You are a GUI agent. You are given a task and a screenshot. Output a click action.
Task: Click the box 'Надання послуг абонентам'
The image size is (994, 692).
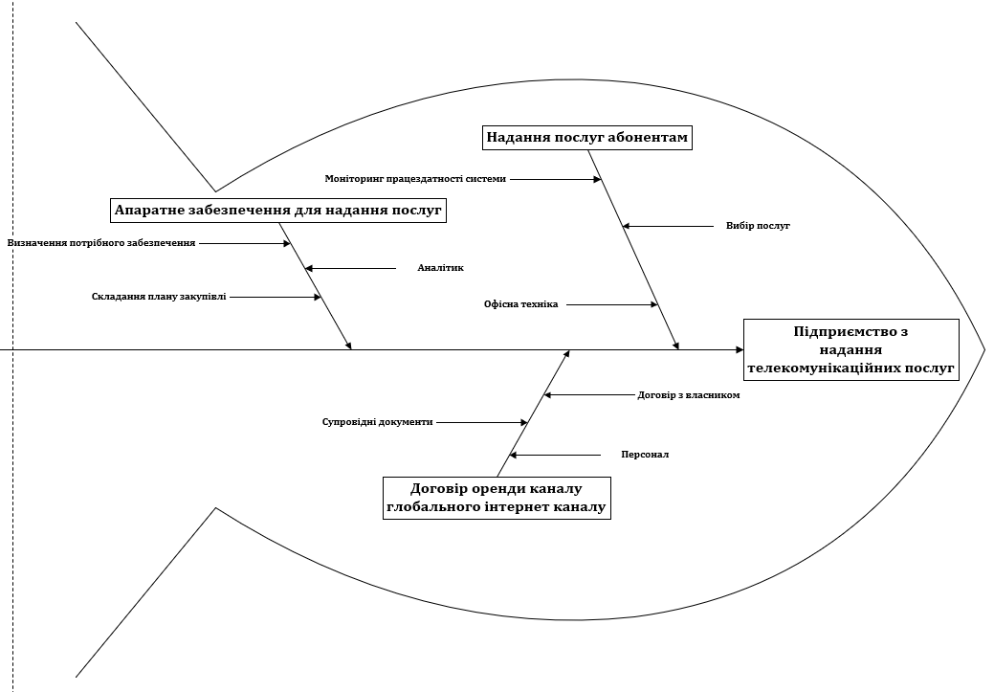(586, 138)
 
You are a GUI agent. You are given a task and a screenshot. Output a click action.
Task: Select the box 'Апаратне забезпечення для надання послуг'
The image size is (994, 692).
(277, 210)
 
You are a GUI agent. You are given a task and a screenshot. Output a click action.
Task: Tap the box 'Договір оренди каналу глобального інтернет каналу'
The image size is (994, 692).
(496, 498)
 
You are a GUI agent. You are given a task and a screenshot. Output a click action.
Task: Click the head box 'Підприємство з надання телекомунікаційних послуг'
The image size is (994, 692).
(850, 349)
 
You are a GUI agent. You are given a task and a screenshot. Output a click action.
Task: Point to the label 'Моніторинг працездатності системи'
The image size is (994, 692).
(415, 179)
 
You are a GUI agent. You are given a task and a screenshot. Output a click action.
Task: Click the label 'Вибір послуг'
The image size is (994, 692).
(758, 227)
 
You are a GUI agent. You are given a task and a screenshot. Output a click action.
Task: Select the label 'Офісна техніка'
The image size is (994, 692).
(520, 304)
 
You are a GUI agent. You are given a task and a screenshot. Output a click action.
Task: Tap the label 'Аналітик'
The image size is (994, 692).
(440, 269)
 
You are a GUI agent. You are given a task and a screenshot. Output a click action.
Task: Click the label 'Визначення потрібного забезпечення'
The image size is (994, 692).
(101, 243)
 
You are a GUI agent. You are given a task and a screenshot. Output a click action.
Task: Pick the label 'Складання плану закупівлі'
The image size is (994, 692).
(160, 297)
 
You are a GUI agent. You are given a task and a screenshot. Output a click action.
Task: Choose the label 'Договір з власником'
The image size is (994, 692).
(688, 394)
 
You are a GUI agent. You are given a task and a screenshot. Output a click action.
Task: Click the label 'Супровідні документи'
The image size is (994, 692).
(377, 422)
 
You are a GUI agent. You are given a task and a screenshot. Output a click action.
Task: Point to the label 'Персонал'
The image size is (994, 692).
(645, 455)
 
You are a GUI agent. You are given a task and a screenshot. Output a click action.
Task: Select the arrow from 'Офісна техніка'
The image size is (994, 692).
(612, 304)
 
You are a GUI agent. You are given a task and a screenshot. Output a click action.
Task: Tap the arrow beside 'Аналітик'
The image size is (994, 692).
(350, 269)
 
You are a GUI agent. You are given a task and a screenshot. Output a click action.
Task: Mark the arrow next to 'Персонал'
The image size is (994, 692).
(554, 455)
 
